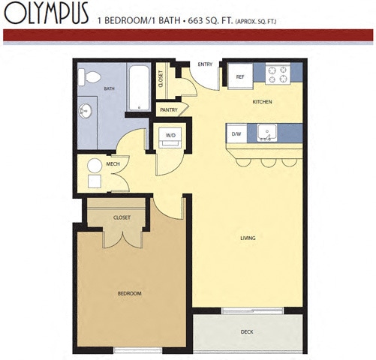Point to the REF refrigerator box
click(240, 76)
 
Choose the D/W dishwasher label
click(236, 134)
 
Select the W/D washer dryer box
click(170, 136)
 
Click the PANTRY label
click(169, 110)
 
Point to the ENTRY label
click(205, 64)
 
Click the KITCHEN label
click(262, 101)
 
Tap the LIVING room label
click(248, 238)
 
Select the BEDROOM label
click(129, 292)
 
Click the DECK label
click(246, 331)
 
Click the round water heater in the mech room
click(95, 166)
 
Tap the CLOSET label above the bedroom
click(122, 217)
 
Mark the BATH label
click(110, 88)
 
